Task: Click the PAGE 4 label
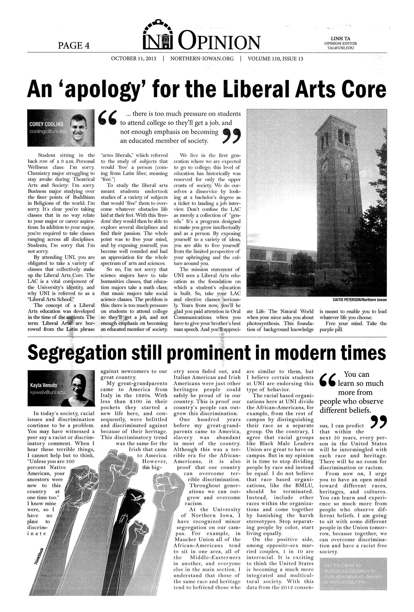pyautogui.click(x=73, y=45)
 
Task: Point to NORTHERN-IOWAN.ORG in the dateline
pyautogui.click(x=202, y=59)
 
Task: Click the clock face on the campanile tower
pyautogui.click(x=346, y=164)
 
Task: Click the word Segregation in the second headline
pyautogui.click(x=77, y=352)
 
